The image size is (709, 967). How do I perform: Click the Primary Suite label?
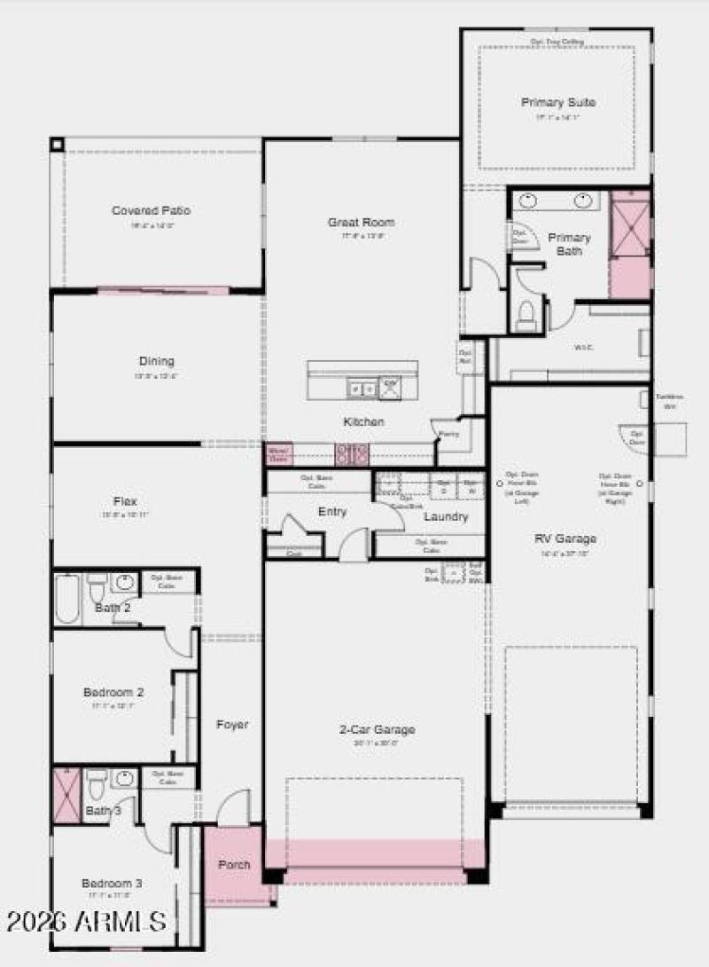(557, 102)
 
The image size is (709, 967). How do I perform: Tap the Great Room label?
(361, 223)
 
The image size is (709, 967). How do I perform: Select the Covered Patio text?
(151, 211)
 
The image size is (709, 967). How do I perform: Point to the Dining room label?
(156, 361)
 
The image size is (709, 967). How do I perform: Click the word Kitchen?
(363, 422)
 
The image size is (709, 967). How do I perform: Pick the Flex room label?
(125, 501)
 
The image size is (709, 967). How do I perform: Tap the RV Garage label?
(565, 539)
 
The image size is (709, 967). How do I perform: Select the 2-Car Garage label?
(377, 729)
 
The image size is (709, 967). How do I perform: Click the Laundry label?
(445, 516)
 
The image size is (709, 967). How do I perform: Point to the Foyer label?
(232, 725)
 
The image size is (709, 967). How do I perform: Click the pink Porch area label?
(234, 864)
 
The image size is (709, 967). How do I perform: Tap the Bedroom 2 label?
(113, 692)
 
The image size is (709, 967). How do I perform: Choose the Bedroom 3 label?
(112, 883)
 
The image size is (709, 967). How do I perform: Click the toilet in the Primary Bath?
(526, 314)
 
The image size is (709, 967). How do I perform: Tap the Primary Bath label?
(569, 244)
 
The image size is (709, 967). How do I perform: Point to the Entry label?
(332, 512)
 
